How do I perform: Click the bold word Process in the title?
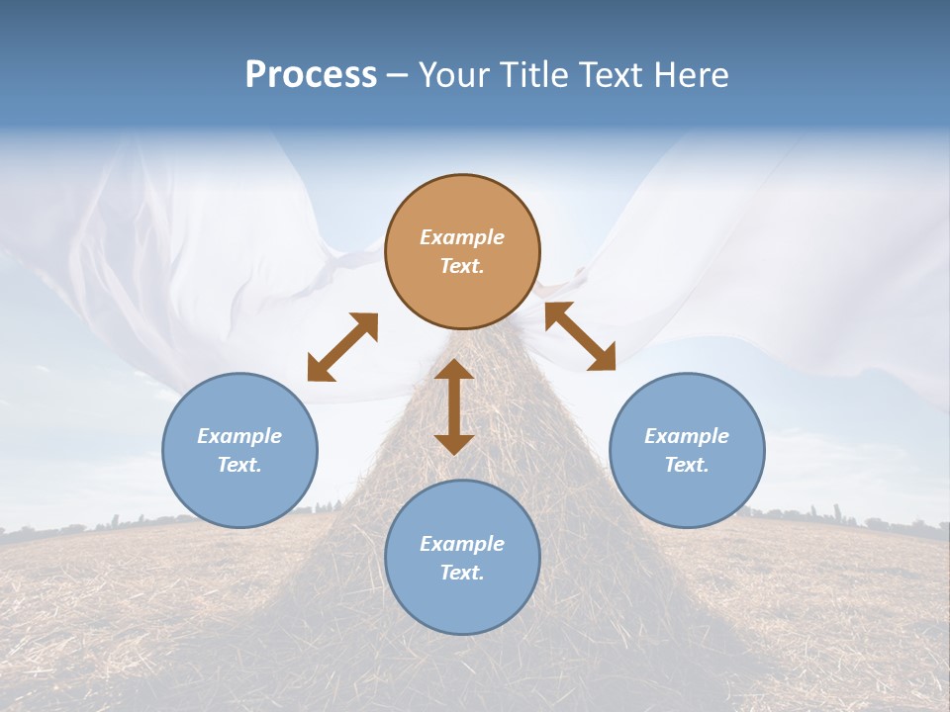click(x=311, y=75)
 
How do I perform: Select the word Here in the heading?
click(x=692, y=75)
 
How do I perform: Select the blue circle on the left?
click(x=239, y=450)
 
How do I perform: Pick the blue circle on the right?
click(x=687, y=450)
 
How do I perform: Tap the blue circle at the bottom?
click(x=462, y=558)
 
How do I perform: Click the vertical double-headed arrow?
click(x=454, y=406)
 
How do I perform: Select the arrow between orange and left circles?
click(x=342, y=347)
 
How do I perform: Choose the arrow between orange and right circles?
click(x=580, y=336)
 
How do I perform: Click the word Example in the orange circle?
click(x=462, y=237)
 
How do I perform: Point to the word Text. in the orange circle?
click(x=462, y=266)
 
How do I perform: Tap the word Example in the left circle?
click(x=239, y=436)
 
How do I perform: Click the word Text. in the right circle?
click(x=687, y=465)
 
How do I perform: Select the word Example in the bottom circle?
click(x=462, y=544)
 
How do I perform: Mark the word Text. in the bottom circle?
click(x=462, y=573)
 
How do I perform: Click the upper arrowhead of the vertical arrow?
click(x=454, y=370)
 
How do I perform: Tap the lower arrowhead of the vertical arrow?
click(x=454, y=443)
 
